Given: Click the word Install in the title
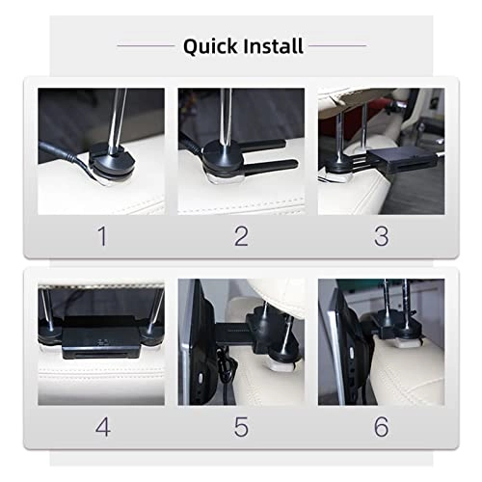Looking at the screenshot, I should point(273,45).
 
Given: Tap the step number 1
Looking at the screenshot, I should point(101,235).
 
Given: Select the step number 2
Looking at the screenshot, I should point(241,235).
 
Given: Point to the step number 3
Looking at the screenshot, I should point(381,235).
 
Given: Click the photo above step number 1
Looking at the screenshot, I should point(101,150).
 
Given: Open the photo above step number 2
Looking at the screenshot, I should point(241,150).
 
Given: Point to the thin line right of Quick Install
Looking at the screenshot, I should point(337,45).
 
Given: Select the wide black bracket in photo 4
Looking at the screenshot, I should point(101,340).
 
